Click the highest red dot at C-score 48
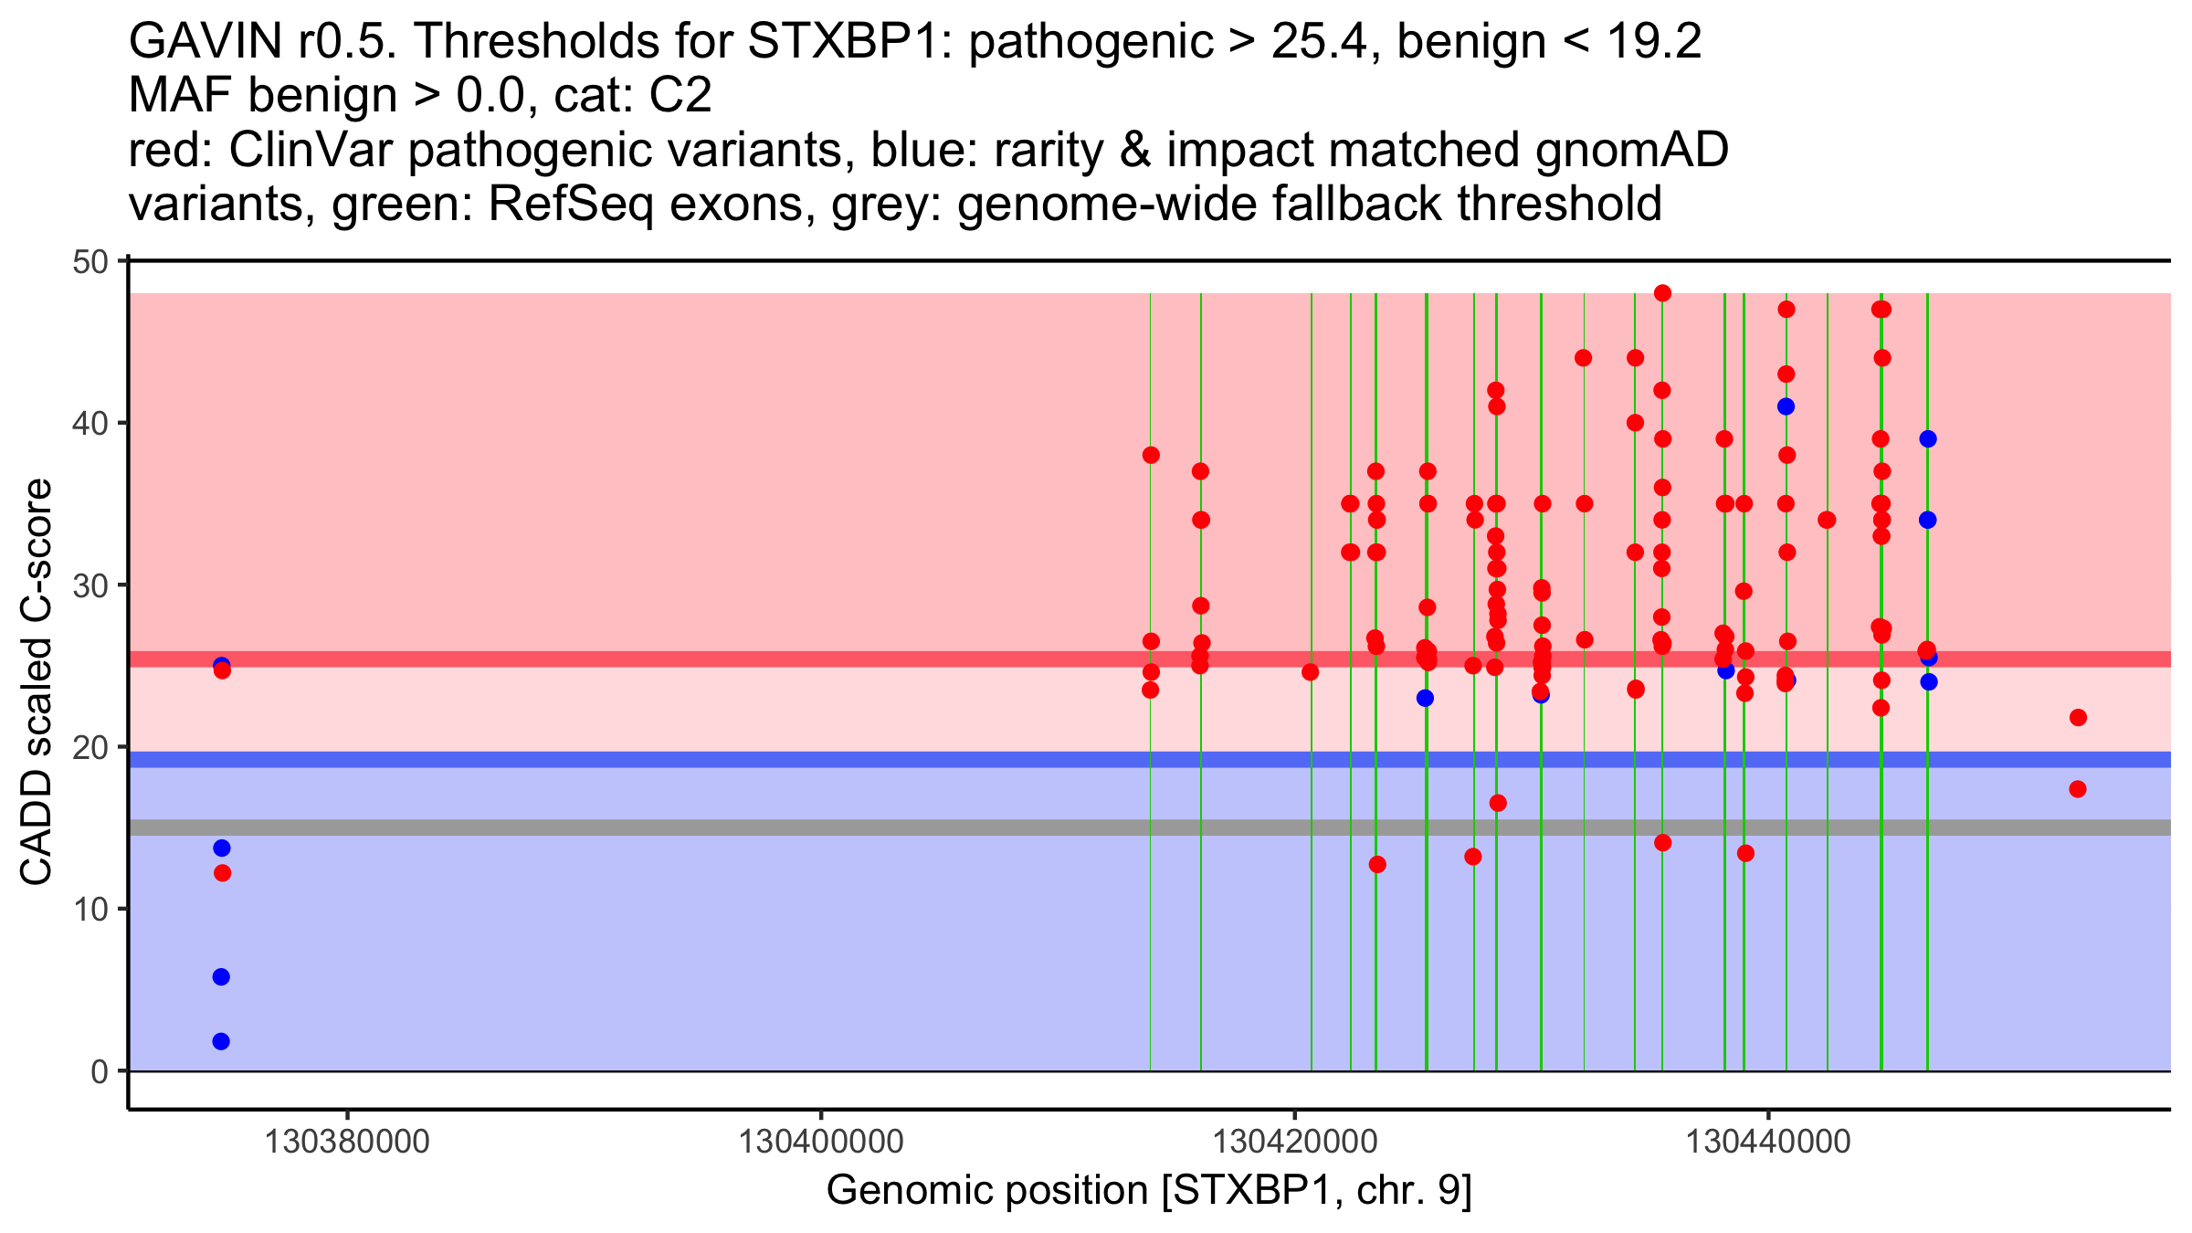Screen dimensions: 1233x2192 click(1662, 293)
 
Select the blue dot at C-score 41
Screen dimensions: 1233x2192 click(1786, 406)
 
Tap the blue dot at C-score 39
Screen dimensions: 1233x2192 click(1928, 439)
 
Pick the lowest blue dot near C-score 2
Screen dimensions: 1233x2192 click(221, 1041)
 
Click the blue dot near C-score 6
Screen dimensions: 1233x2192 click(221, 977)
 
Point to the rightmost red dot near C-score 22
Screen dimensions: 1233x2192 click(2078, 718)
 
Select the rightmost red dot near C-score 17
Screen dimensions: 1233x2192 click(2078, 789)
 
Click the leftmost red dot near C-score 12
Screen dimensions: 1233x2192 click(222, 873)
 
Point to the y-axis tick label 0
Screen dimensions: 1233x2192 click(100, 1071)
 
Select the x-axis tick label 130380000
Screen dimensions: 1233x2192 click(347, 1143)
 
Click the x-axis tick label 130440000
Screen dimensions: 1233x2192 click(1768, 1143)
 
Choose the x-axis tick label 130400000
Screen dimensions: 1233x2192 click(820, 1143)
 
